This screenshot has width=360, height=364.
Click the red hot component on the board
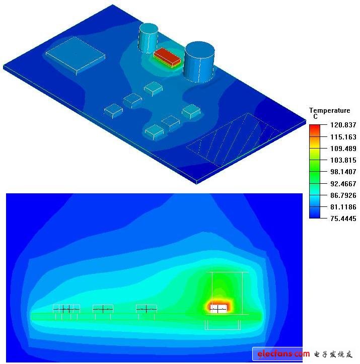(x=167, y=57)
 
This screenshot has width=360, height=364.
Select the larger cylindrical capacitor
(x=199, y=62)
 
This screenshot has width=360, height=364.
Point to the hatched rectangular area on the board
(x=235, y=140)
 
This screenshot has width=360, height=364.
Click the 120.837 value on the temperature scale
(x=343, y=125)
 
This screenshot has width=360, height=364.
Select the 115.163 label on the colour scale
(x=343, y=137)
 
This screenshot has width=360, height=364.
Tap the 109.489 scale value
(x=343, y=149)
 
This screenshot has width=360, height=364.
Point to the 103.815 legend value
(x=343, y=160)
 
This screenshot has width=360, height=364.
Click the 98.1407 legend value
(x=343, y=172)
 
